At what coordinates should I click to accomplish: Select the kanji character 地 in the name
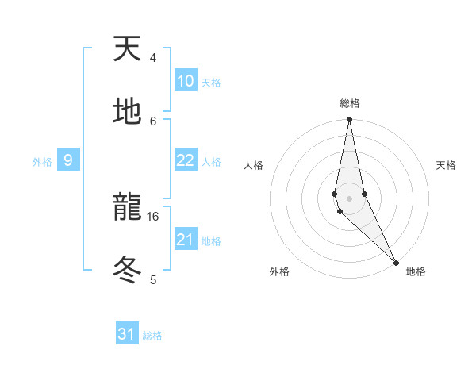[x=128, y=112]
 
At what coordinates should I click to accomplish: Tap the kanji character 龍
[x=128, y=209]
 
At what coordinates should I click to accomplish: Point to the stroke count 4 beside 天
[x=153, y=58]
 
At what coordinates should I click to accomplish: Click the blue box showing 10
[x=185, y=81]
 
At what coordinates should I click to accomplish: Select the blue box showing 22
[x=185, y=160]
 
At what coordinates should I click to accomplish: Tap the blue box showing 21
[x=185, y=240]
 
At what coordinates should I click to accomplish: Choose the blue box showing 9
[x=68, y=161]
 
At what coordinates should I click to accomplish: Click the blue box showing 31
[x=127, y=334]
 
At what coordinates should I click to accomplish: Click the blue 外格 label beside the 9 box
[x=42, y=162]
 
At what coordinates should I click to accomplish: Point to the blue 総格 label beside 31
[x=152, y=336]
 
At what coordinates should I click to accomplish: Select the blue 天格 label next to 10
[x=211, y=83]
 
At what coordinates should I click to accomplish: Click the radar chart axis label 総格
[x=350, y=103]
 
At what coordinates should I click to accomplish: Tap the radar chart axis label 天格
[x=447, y=165]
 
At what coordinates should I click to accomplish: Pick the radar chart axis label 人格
[x=253, y=165]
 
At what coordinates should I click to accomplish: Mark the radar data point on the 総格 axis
[x=349, y=120]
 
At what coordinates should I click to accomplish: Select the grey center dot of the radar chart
[x=349, y=198]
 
